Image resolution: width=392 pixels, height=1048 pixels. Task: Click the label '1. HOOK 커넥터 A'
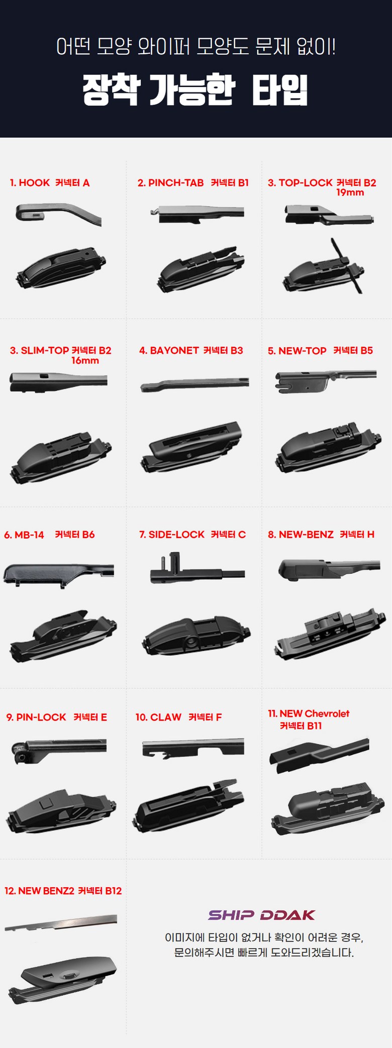click(x=50, y=183)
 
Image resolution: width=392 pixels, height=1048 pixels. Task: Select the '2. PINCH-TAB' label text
click(x=171, y=183)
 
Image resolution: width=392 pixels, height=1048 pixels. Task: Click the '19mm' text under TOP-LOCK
click(x=350, y=192)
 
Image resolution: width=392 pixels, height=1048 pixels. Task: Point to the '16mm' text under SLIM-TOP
click(x=85, y=360)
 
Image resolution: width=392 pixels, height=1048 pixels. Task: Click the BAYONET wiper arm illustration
click(x=194, y=384)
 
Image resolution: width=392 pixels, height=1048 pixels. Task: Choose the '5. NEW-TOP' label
click(x=297, y=351)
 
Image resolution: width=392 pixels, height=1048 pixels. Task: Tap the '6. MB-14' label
click(x=24, y=535)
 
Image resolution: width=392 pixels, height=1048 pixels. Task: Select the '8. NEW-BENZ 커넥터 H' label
click(x=321, y=535)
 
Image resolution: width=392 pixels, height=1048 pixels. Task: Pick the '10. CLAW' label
click(x=158, y=717)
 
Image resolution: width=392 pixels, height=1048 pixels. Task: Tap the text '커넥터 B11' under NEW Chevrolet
click(x=301, y=726)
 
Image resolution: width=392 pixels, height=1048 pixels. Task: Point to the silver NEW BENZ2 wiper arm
click(x=61, y=922)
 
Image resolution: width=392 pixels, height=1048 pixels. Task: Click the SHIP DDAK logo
click(x=261, y=915)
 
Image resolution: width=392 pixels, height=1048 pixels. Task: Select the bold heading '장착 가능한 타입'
click(x=195, y=90)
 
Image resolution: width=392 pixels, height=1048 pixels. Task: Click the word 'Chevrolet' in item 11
click(x=327, y=713)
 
